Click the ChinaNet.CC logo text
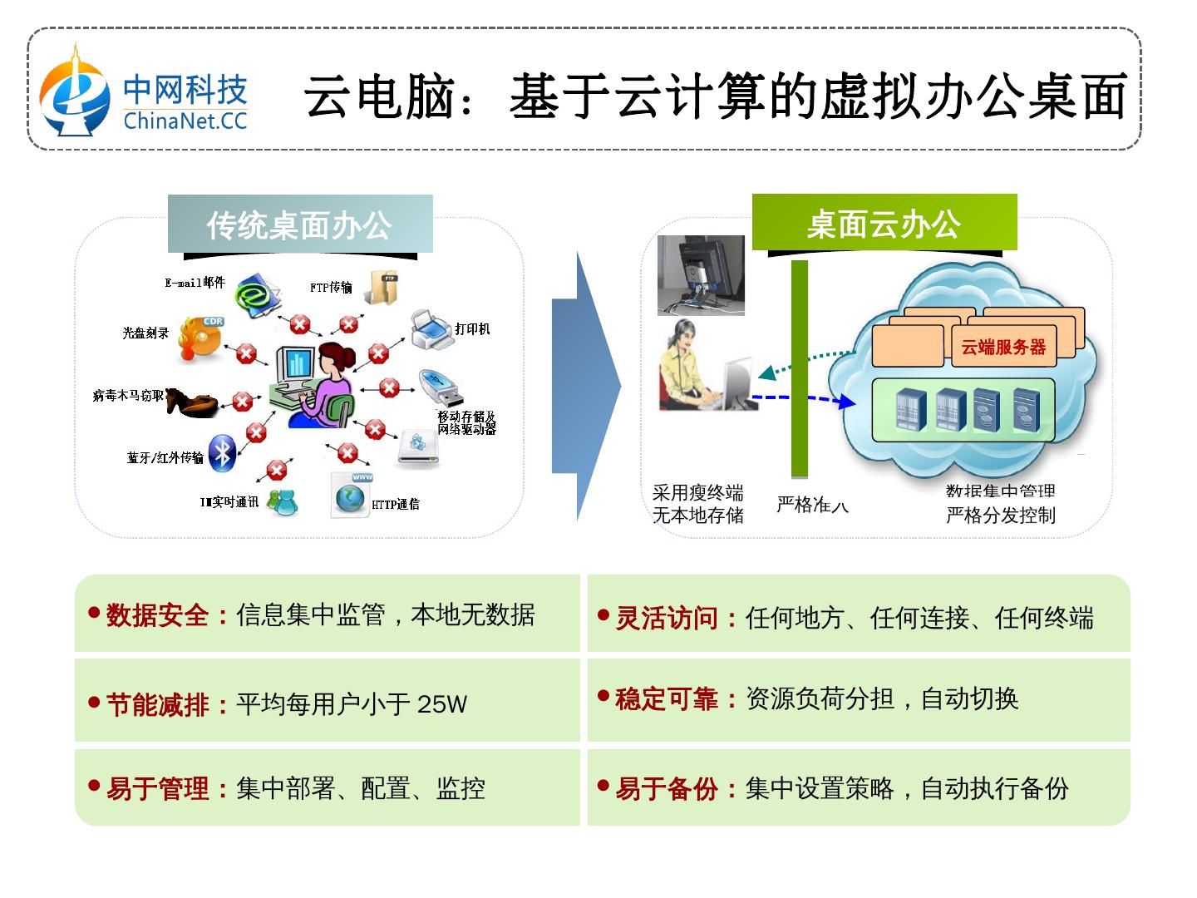coord(185,121)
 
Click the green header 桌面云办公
coord(884,224)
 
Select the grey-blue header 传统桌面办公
coord(299,224)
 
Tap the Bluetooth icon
coord(222,452)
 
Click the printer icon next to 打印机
coord(431,330)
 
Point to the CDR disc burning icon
coord(200,337)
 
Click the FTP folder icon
coord(384,288)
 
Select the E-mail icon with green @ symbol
coord(258,294)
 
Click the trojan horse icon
coord(192,402)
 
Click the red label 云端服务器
coord(1003,348)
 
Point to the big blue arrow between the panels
coord(585,387)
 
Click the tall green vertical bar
coord(799,369)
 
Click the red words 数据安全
coord(157,615)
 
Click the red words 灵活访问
coord(667,619)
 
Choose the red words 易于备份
coord(667,788)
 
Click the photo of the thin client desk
coord(701,274)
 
